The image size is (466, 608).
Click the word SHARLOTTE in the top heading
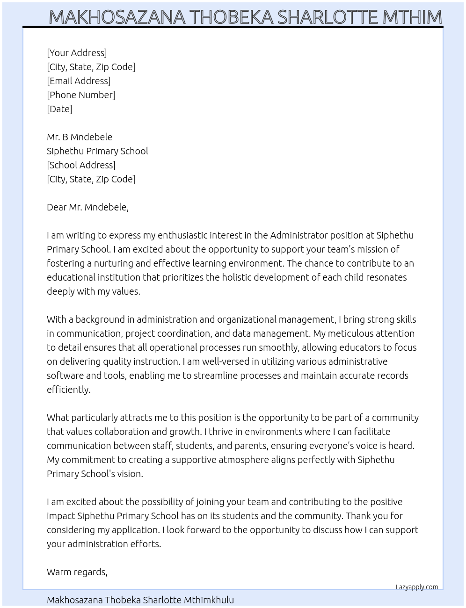point(328,17)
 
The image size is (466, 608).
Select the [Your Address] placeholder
point(77,53)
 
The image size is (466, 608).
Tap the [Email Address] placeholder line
point(79,81)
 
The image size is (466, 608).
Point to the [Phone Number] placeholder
point(81,95)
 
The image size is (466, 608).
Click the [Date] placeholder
point(59,109)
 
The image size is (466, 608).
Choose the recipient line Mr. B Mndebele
point(80,137)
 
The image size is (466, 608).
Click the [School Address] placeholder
point(81,165)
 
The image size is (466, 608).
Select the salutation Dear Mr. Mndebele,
point(87,207)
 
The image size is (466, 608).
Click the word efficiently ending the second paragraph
point(68,390)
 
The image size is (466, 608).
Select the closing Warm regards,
point(77,572)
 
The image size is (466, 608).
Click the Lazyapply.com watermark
point(417,587)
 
